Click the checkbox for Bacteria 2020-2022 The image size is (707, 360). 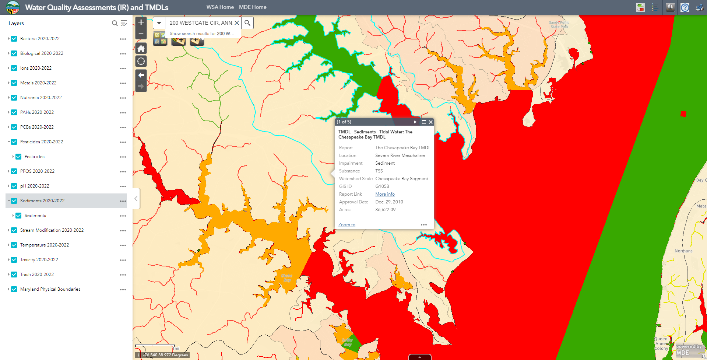pyautogui.click(x=14, y=39)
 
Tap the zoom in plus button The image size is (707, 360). pyautogui.click(x=141, y=22)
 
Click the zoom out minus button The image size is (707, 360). pyautogui.click(x=141, y=34)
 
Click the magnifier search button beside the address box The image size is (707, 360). pyautogui.click(x=247, y=23)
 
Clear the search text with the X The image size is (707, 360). pyautogui.click(x=237, y=23)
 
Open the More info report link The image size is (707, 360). pyautogui.click(x=385, y=194)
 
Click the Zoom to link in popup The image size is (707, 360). pyautogui.click(x=347, y=225)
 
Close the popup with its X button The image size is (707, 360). pyautogui.click(x=430, y=122)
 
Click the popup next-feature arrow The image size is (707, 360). pyautogui.click(x=415, y=122)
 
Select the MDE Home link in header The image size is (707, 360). pyautogui.click(x=253, y=7)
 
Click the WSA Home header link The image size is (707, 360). pyautogui.click(x=220, y=7)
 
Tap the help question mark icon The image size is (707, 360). pyautogui.click(x=685, y=7)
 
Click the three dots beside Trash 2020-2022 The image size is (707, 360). pyautogui.click(x=123, y=275)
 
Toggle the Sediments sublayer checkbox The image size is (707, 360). pyautogui.click(x=18, y=216)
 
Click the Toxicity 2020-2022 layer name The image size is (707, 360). pyautogui.click(x=39, y=260)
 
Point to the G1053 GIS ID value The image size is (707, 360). pyautogui.click(x=382, y=186)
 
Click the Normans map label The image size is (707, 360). pyautogui.click(x=683, y=251)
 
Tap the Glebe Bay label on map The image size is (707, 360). pyautogui.click(x=286, y=278)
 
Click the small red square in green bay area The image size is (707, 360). pyautogui.click(x=683, y=114)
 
